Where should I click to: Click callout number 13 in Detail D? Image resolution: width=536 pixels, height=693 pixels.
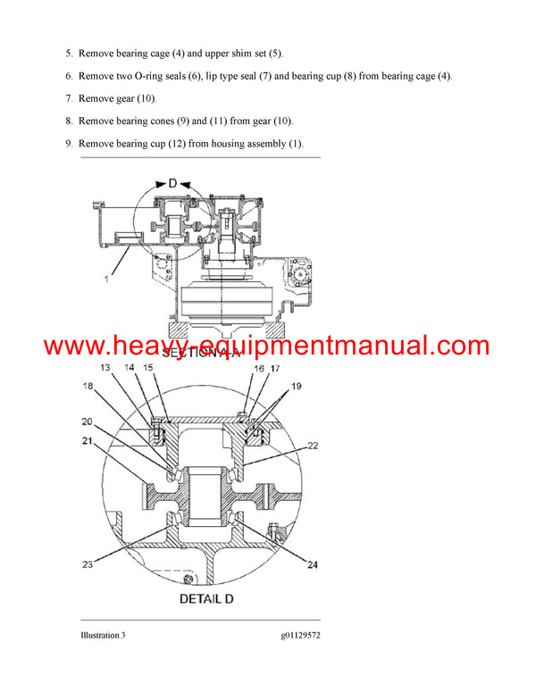click(105, 367)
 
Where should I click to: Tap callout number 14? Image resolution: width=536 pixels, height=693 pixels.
click(130, 367)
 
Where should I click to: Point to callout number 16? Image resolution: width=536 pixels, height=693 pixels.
click(257, 367)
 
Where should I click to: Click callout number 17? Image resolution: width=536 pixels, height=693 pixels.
click(275, 367)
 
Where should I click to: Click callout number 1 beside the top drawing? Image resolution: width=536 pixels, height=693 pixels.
click(105, 280)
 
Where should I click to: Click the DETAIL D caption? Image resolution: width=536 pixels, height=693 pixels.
click(206, 597)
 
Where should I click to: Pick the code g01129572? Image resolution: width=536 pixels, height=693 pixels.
click(292, 635)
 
